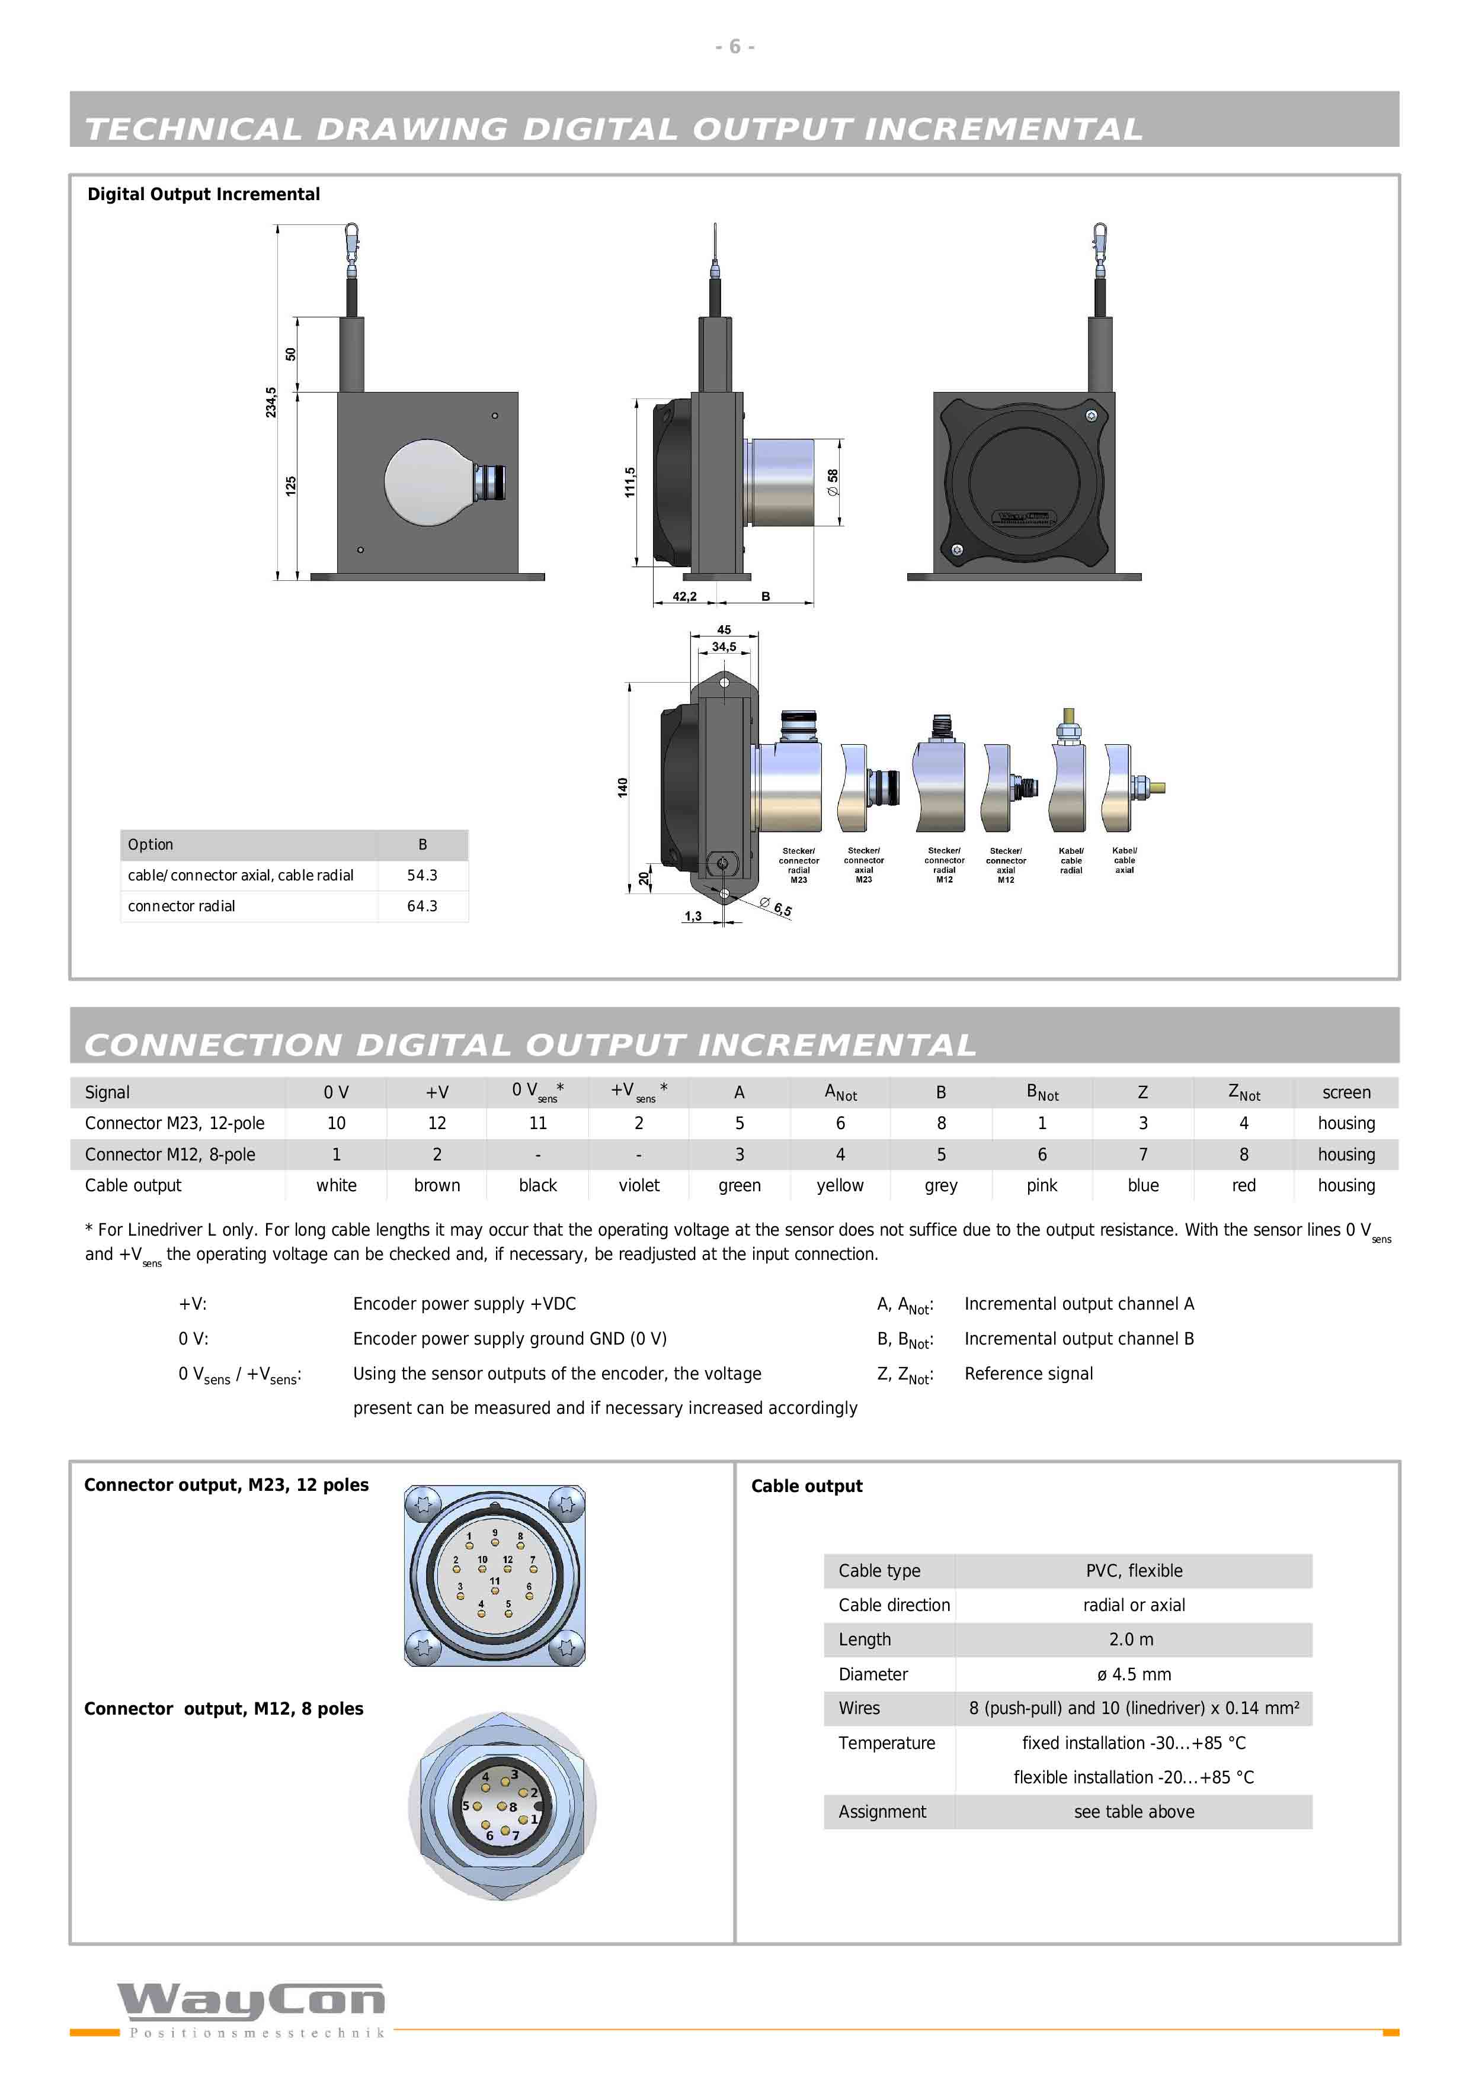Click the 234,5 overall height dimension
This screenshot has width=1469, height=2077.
271,403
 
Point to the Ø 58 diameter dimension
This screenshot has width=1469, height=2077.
833,482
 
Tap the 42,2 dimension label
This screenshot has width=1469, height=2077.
684,597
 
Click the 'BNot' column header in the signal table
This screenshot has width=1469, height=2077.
1042,1093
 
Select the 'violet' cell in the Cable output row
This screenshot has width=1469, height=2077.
639,1185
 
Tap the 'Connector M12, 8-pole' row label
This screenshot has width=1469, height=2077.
170,1155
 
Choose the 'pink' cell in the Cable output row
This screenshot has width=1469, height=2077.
1042,1186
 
